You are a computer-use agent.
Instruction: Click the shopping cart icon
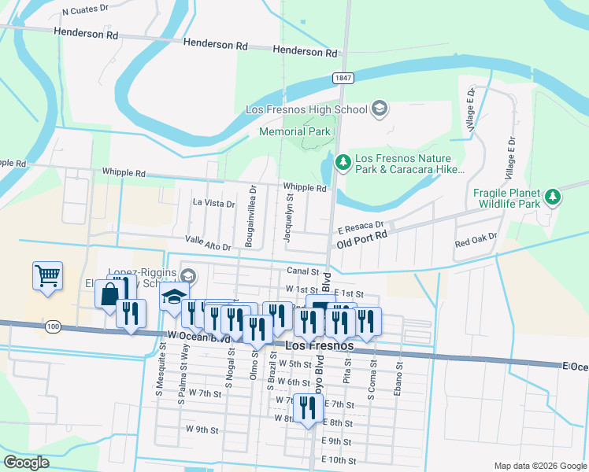coord(47,276)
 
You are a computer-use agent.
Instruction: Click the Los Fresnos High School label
coord(306,109)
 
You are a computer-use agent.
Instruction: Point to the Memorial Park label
coord(295,132)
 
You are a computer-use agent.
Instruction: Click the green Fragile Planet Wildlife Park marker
coord(554,195)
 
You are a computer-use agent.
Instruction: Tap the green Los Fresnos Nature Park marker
coord(343,162)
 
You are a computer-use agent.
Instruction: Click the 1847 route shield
coord(343,78)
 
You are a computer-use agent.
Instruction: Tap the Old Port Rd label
coord(362,235)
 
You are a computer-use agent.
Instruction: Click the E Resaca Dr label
coord(360,226)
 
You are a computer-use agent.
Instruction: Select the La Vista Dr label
coord(213,203)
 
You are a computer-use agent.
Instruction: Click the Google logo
coord(26,463)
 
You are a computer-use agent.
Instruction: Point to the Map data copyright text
coord(539,466)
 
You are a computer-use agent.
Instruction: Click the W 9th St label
coord(202,430)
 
